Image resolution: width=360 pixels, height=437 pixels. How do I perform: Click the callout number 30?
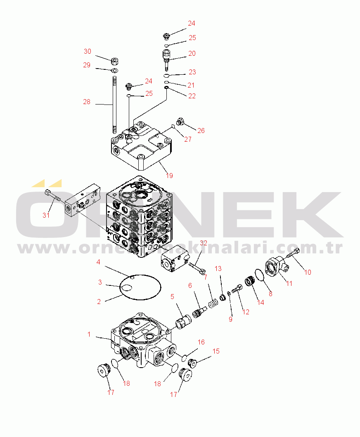(x=88, y=51)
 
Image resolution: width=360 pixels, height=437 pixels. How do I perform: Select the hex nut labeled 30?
(x=114, y=60)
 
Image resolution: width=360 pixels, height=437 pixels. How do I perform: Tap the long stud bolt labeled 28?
(x=114, y=105)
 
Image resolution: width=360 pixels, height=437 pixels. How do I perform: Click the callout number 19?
(x=169, y=176)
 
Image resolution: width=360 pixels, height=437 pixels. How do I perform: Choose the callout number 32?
(x=204, y=243)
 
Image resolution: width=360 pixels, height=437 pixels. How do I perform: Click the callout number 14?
(x=261, y=302)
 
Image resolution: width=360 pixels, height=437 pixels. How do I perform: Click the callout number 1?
(x=89, y=334)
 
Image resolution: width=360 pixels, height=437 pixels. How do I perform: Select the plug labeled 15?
(x=192, y=363)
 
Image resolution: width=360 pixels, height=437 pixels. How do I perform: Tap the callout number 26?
(x=201, y=131)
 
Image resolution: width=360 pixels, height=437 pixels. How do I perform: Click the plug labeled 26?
(x=180, y=121)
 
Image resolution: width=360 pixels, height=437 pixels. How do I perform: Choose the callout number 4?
(x=98, y=262)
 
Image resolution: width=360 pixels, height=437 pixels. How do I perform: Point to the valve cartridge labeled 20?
(x=166, y=59)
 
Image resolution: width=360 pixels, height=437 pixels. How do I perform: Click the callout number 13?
(x=218, y=268)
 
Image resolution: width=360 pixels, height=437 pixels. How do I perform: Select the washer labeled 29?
(x=114, y=70)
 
